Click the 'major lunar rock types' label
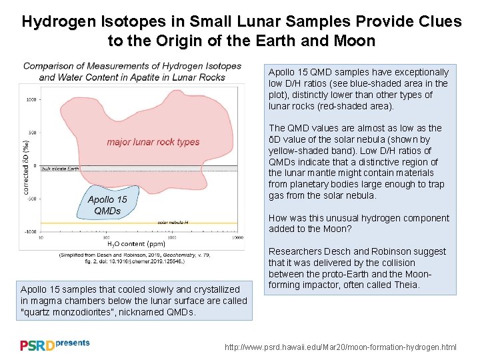153,142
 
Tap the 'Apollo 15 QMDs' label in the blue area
107,205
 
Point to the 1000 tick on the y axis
31,100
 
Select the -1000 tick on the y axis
31,231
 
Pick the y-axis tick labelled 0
34,165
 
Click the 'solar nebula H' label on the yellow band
172,222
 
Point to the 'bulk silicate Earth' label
60,170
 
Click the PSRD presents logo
55,345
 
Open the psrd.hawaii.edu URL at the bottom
341,347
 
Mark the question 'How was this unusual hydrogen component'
359,218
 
